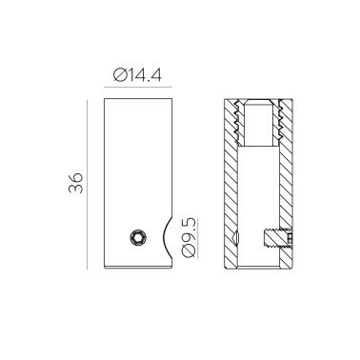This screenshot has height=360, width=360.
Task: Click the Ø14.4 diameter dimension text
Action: tap(138, 74)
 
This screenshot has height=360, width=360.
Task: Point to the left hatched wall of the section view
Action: tap(231, 190)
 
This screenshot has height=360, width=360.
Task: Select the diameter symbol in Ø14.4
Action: tap(118, 74)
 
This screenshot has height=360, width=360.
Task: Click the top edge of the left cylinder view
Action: tap(138, 98)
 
